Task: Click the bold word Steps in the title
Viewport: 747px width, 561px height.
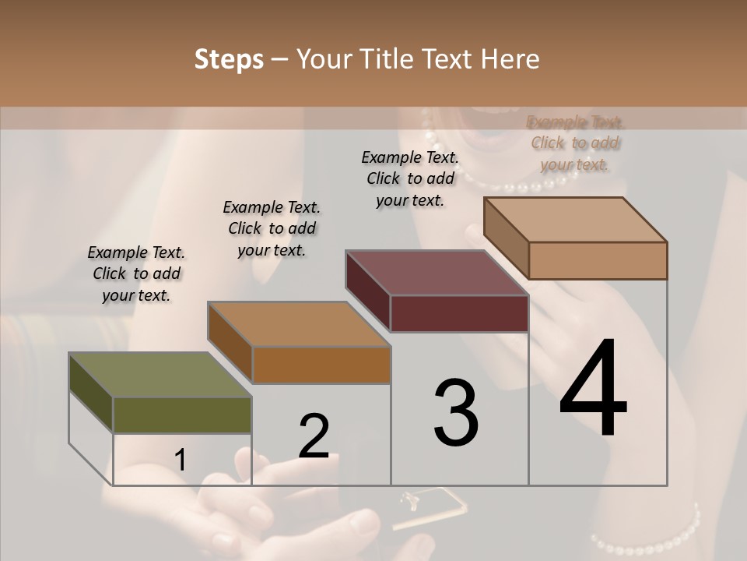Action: [229, 59]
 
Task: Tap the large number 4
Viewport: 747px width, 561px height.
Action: [593, 390]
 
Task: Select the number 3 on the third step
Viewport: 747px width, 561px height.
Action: [456, 413]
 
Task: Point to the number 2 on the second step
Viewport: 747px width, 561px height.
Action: [314, 436]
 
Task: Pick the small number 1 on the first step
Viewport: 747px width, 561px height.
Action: [181, 460]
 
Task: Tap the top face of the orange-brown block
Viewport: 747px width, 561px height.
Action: [298, 324]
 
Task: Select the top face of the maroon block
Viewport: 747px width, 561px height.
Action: [436, 273]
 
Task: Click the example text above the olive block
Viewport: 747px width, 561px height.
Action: [136, 273]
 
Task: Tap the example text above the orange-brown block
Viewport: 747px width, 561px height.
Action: [272, 228]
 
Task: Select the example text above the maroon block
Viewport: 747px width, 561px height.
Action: [410, 178]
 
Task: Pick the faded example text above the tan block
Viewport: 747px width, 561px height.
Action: [575, 143]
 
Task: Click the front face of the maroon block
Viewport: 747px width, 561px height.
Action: [459, 314]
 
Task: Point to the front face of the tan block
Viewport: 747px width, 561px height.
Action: [598, 260]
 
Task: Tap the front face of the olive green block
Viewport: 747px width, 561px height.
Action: [182, 415]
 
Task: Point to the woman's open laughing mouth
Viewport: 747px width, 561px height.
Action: [486, 129]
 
